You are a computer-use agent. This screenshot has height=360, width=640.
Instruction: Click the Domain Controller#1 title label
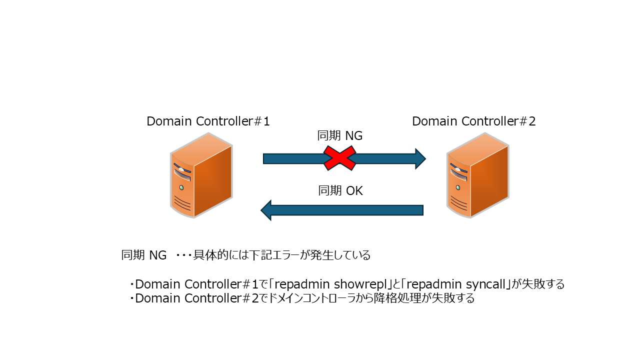(208, 121)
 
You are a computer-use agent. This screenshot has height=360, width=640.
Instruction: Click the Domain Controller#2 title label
(473, 121)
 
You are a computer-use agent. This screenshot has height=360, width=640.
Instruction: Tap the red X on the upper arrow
(340, 158)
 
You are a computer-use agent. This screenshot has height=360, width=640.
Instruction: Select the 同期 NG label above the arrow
(340, 135)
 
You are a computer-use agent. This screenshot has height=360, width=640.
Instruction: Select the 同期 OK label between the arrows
(340, 191)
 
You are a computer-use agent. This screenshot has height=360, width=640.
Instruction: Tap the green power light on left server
(181, 187)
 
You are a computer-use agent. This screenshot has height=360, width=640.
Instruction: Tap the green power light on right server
(457, 187)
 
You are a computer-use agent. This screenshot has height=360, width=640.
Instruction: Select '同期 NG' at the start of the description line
(144, 255)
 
